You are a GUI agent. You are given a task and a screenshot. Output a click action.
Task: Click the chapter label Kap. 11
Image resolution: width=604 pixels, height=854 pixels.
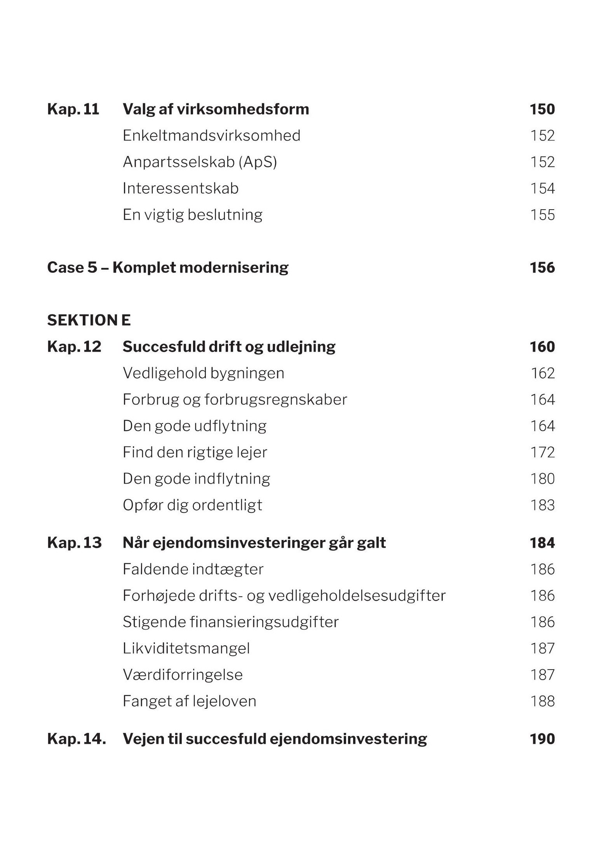click(x=73, y=109)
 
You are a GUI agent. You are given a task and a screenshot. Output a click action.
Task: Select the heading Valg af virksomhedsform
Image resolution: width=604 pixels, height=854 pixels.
click(x=216, y=109)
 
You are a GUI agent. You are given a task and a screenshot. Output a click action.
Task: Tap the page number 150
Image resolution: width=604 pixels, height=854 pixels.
click(x=542, y=109)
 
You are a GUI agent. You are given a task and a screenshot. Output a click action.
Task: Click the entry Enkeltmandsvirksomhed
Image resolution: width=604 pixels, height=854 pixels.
click(x=211, y=136)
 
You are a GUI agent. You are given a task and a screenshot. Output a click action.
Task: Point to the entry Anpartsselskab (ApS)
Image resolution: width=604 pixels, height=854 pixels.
click(x=200, y=162)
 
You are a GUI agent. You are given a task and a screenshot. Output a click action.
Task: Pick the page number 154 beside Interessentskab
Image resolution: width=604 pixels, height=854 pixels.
click(x=543, y=189)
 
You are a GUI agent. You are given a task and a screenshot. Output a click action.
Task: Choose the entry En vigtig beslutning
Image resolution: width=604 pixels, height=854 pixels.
click(x=192, y=215)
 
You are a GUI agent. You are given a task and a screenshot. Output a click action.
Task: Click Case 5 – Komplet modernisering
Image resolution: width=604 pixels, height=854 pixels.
click(x=167, y=268)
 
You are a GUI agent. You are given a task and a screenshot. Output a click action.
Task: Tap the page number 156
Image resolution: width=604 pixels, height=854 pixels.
click(x=542, y=268)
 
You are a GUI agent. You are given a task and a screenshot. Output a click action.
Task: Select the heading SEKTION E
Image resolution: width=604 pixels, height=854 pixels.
click(x=89, y=321)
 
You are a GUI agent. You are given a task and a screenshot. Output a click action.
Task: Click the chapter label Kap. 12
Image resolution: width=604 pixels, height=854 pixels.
click(x=74, y=347)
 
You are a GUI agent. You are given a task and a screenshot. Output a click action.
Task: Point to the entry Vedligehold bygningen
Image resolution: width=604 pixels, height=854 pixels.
click(x=203, y=373)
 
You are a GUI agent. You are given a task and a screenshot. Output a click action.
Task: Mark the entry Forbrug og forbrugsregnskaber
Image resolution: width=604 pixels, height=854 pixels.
click(x=235, y=400)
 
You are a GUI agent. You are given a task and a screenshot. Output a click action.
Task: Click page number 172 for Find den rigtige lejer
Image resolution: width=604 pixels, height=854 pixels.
click(x=543, y=453)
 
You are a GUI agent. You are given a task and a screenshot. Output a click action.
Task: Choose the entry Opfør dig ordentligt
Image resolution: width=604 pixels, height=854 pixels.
click(x=192, y=505)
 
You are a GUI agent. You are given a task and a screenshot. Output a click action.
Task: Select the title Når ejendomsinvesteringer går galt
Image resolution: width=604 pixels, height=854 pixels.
click(x=254, y=543)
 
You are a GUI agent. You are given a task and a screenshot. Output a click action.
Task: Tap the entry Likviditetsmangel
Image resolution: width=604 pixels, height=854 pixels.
click(x=186, y=649)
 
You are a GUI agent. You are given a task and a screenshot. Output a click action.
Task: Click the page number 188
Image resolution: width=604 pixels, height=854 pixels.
click(x=543, y=701)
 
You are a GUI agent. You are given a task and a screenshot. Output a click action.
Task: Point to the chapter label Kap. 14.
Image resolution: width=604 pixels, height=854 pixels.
click(x=76, y=739)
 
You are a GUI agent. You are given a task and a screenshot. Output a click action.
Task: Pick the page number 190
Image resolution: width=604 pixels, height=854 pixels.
click(x=542, y=739)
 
